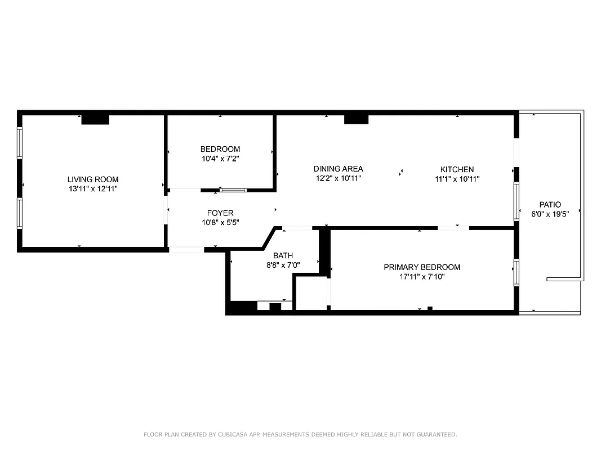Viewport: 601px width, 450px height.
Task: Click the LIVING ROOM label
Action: tap(93, 179)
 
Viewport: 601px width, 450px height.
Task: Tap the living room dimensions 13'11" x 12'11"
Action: tap(93, 189)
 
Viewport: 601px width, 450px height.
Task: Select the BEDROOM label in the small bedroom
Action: tap(220, 149)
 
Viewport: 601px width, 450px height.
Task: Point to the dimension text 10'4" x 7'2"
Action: tap(220, 159)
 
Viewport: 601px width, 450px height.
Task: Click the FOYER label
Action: tap(220, 213)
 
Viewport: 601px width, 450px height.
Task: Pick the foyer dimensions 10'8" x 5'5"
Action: tap(220, 222)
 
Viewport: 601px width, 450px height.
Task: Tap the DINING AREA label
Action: tap(338, 169)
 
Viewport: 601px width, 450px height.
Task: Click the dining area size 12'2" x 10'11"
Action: tap(338, 178)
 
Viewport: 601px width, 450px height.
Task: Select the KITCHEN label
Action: tap(457, 169)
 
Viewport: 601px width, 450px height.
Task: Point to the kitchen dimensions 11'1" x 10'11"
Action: tap(457, 179)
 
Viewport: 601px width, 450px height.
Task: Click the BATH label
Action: tap(283, 255)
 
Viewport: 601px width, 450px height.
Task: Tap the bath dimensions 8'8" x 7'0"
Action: tap(283, 265)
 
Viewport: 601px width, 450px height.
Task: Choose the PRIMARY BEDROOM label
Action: tap(422, 267)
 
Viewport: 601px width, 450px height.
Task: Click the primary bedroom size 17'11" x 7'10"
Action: tap(422, 277)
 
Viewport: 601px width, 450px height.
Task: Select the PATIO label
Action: tap(550, 205)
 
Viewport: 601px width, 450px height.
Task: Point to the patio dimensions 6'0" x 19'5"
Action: tap(550, 214)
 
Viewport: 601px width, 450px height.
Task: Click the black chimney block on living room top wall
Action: tap(95, 119)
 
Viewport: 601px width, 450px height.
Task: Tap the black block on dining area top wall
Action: tap(356, 119)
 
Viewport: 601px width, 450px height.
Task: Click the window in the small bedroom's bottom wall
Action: tap(233, 190)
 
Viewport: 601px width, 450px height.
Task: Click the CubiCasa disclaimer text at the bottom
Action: tap(300, 434)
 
